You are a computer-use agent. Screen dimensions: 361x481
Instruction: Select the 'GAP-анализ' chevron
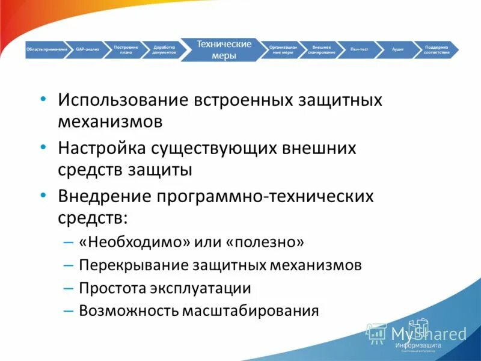coord(88,49)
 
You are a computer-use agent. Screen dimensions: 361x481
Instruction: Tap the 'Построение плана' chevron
coord(126,49)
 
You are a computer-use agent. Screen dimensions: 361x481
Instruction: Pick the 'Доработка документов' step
coord(164,49)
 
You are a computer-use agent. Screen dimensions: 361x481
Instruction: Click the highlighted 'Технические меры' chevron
coord(224,49)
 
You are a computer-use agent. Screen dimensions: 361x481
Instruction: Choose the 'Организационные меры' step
coord(281,49)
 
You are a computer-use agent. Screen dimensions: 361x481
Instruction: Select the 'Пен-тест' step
coord(360,49)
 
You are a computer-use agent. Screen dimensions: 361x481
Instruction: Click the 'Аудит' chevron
coord(397,49)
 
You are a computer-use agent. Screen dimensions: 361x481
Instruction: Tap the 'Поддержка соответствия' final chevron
coord(436,49)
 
